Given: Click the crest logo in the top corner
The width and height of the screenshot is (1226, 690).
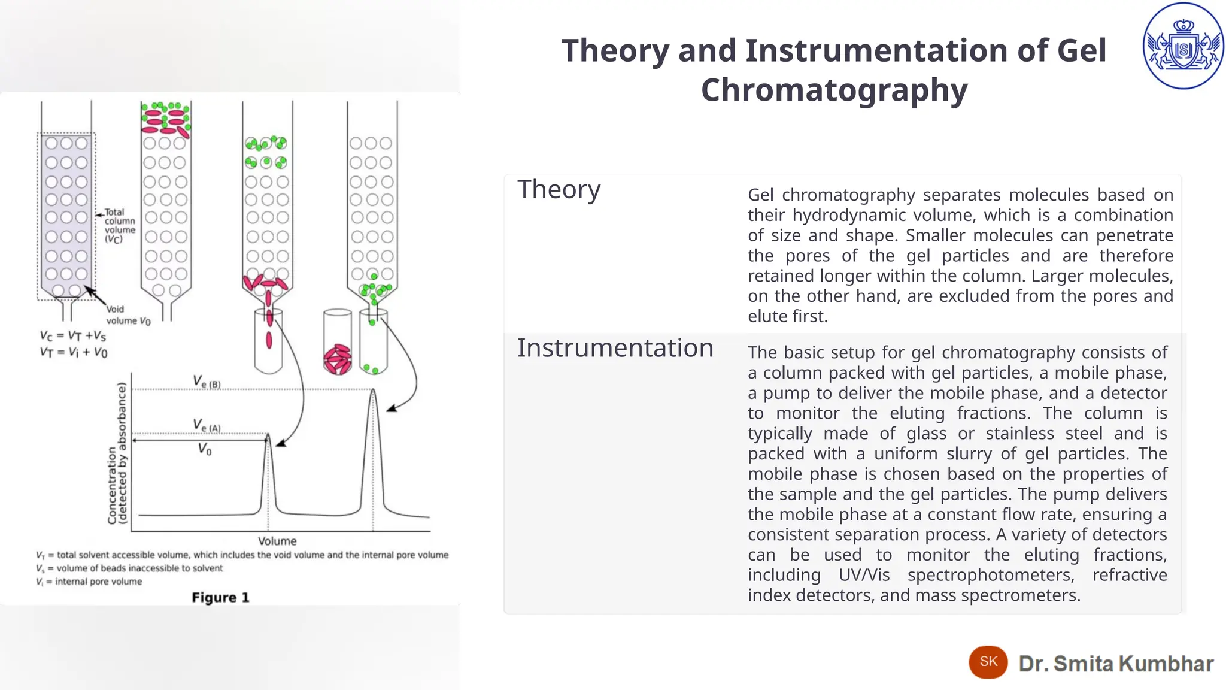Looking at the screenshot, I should tap(1183, 46).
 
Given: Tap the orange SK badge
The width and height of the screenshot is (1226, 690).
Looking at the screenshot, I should tap(988, 662).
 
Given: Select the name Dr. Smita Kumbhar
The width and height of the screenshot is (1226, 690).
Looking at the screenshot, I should tap(1116, 664).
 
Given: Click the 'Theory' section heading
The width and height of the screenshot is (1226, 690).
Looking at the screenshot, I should tap(559, 190).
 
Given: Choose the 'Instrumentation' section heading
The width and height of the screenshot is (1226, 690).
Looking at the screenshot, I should tap(615, 348).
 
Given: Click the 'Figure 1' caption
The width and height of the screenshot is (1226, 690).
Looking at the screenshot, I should tap(220, 597).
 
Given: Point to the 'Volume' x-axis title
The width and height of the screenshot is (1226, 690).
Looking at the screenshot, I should tap(277, 541).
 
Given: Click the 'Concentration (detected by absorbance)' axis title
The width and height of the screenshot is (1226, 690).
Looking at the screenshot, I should tap(117, 453).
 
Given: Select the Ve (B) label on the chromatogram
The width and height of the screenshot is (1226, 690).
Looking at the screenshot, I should tap(207, 382).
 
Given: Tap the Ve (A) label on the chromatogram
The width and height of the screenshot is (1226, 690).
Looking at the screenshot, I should tap(207, 426).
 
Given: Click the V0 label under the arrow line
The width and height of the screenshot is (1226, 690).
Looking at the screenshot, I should tap(205, 449).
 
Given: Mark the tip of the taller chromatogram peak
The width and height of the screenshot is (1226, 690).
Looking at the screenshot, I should tap(374, 391).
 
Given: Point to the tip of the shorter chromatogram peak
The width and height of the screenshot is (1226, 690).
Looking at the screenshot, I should tap(268, 435).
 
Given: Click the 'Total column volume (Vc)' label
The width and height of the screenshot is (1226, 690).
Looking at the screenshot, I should tap(120, 225).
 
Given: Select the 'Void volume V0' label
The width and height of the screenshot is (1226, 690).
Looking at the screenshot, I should tap(128, 315).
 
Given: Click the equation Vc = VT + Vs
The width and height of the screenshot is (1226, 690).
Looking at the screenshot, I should tap(73, 335).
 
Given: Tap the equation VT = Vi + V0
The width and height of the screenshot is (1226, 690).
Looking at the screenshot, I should tap(74, 352).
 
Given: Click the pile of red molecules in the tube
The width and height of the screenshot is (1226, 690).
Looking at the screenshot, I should tap(338, 359).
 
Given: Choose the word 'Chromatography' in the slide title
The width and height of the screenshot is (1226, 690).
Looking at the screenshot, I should tap(834, 90).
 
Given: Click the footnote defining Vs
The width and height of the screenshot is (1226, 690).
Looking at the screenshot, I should tap(129, 568).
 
